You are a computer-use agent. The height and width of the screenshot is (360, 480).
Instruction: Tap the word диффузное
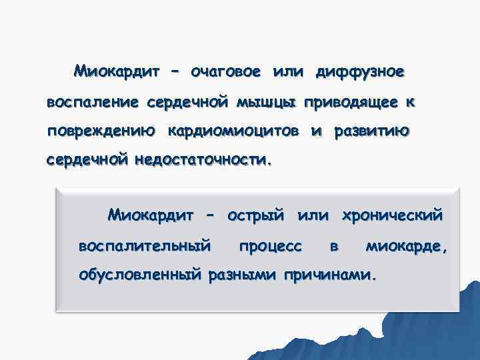point(361,71)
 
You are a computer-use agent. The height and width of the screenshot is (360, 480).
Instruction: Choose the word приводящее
point(351,102)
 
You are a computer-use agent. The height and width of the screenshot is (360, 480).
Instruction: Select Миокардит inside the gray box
point(151,215)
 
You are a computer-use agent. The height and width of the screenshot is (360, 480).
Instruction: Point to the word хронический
point(392,215)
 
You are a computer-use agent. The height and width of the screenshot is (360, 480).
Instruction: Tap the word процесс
point(270,246)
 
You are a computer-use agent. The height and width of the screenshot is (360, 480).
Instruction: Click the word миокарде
point(407,246)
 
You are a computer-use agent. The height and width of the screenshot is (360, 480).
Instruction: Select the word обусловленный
point(139,274)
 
